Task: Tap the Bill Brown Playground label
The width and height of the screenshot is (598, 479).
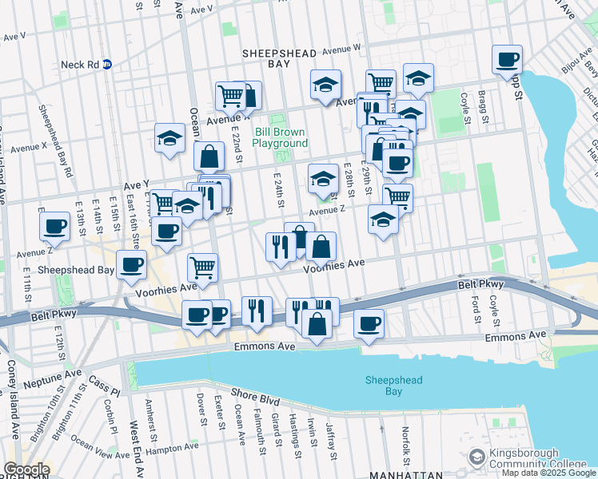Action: pyautogui.click(x=280, y=137)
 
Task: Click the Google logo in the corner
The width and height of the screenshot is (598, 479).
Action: pyautogui.click(x=26, y=469)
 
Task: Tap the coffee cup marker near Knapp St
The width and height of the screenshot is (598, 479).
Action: pyautogui.click(x=507, y=60)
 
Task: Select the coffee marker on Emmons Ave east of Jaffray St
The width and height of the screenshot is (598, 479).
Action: pyautogui.click(x=369, y=323)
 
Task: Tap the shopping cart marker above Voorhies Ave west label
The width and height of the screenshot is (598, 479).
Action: pyautogui.click(x=202, y=267)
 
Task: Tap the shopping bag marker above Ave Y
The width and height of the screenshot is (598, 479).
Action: pyautogui.click(x=208, y=156)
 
